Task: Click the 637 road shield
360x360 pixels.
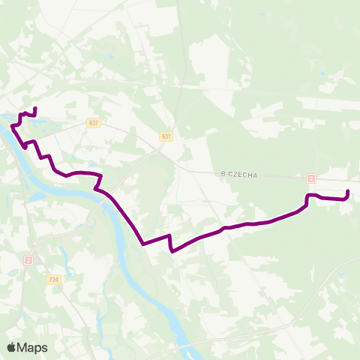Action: click(93, 123)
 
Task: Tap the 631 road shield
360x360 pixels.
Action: click(166, 136)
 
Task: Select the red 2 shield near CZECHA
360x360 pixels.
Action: click(310, 178)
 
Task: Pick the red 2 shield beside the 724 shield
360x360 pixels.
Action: click(28, 259)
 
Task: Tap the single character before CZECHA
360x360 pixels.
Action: click(223, 175)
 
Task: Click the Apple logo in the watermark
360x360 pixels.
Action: click(12, 347)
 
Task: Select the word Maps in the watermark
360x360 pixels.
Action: click(34, 347)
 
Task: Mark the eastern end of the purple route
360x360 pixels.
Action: click(349, 193)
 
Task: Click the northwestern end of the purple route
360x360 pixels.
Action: click(35, 109)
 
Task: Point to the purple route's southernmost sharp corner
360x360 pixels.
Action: click(172, 251)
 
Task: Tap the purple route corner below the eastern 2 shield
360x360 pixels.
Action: click(307, 197)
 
